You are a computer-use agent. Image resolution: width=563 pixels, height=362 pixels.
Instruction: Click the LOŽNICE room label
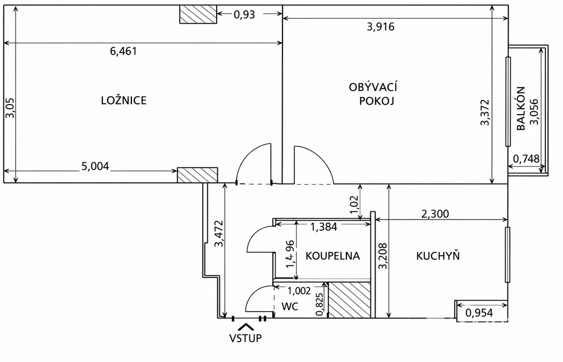coord(124,100)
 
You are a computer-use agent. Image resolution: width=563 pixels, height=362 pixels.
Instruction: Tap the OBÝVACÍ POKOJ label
coord(373,94)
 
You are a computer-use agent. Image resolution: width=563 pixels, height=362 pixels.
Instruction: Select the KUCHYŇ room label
coord(438,255)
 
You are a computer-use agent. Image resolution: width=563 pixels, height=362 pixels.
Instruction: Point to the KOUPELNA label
coord(333,256)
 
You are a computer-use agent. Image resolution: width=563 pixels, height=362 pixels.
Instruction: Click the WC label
coord(290,306)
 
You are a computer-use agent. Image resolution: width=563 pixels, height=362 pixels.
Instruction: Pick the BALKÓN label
coord(521,108)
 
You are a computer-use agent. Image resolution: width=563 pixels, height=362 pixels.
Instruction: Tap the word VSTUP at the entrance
coord(246,338)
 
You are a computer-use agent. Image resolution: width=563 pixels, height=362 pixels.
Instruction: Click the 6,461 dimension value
coord(123,51)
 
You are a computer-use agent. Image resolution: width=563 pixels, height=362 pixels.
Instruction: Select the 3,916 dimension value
coord(380,26)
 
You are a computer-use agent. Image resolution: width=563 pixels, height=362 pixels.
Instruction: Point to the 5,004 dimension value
coord(95,166)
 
